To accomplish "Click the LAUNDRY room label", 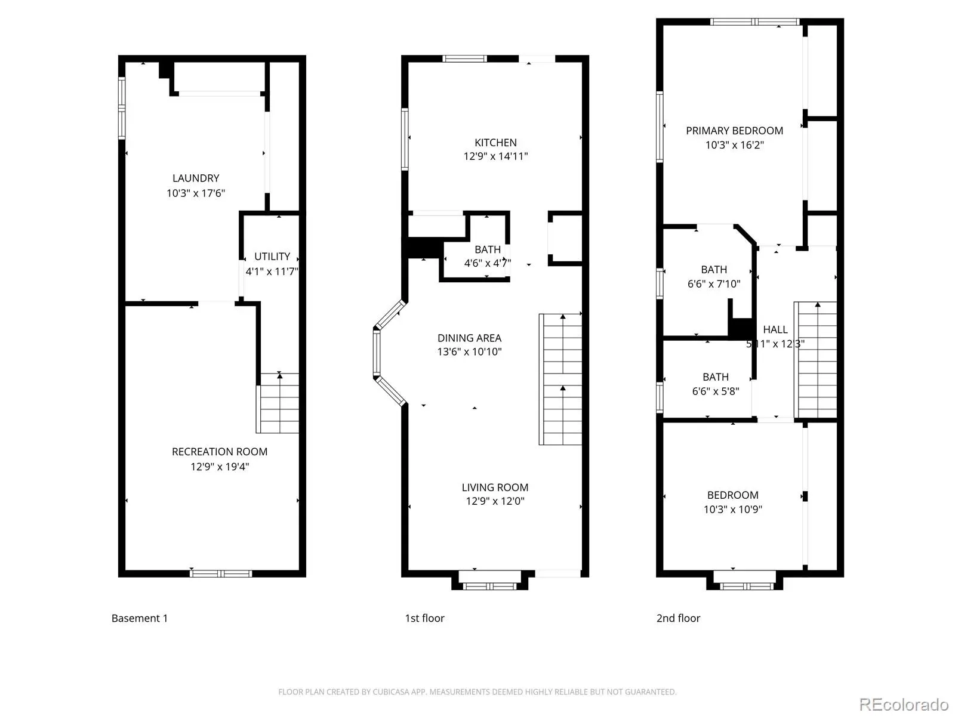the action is (196, 178).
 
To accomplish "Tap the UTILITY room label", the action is (272, 257).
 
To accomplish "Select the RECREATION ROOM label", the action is (220, 452).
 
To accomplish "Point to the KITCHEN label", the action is (495, 143).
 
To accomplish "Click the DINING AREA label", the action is (470, 338).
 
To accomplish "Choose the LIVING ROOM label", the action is (495, 487).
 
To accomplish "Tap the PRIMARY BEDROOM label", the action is (734, 131).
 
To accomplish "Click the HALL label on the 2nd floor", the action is (775, 329).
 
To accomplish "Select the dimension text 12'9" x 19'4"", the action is (220, 467).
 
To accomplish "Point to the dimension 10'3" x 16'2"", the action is (734, 145).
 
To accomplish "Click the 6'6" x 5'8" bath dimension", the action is (716, 391).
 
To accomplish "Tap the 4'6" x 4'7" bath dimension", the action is (487, 263).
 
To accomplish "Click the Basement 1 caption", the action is (140, 618).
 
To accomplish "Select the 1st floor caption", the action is (424, 618).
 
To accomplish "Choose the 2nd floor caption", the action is (678, 618).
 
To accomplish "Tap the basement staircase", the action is (278, 403).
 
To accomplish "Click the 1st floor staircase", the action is (560, 379).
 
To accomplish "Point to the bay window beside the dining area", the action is (389, 353).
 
